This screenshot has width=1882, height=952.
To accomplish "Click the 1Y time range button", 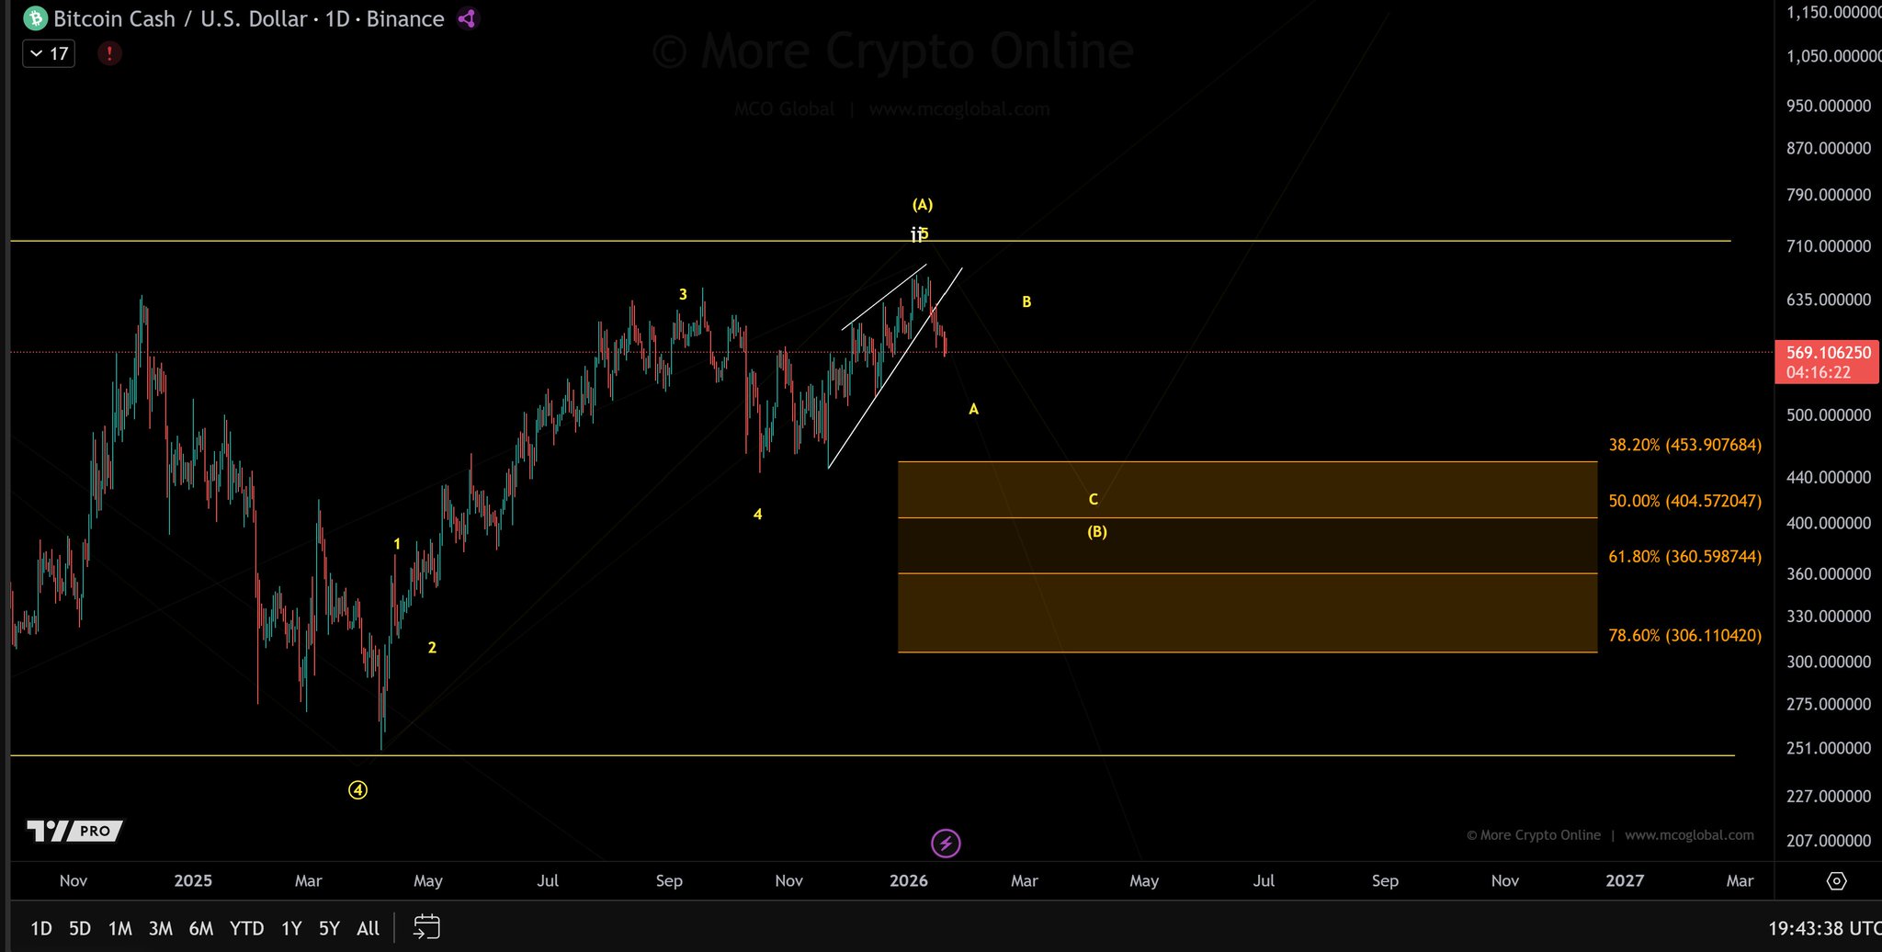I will (x=291, y=928).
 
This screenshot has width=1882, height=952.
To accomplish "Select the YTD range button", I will (x=246, y=928).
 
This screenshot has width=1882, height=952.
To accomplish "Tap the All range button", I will (x=368, y=928).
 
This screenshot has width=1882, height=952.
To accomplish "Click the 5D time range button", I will (x=80, y=928).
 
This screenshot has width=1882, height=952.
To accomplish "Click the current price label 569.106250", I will (x=1828, y=353).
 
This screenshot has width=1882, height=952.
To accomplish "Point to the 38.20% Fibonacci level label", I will (x=1684, y=445).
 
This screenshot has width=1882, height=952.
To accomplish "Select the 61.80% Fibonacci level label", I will (x=1684, y=557).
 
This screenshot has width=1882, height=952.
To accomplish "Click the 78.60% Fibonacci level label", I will (x=1684, y=636).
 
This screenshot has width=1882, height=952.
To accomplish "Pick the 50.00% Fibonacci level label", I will (x=1684, y=501).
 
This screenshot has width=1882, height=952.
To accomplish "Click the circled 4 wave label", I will (x=358, y=790).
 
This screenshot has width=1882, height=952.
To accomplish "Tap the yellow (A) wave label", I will (x=923, y=205).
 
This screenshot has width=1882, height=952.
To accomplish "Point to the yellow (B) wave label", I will (x=1097, y=532).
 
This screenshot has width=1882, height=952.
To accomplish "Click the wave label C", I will (x=1094, y=500).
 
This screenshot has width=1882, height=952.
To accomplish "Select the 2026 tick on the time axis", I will (x=909, y=880).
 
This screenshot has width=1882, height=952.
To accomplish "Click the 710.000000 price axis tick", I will (x=1828, y=246).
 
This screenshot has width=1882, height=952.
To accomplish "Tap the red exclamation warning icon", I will (x=109, y=53).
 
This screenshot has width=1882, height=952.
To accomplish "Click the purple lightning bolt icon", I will (x=946, y=843).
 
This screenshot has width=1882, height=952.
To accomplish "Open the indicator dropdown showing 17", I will (x=49, y=53).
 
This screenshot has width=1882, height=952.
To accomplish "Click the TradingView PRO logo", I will (x=74, y=831).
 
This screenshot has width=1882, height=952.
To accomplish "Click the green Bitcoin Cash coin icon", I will (x=35, y=18).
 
